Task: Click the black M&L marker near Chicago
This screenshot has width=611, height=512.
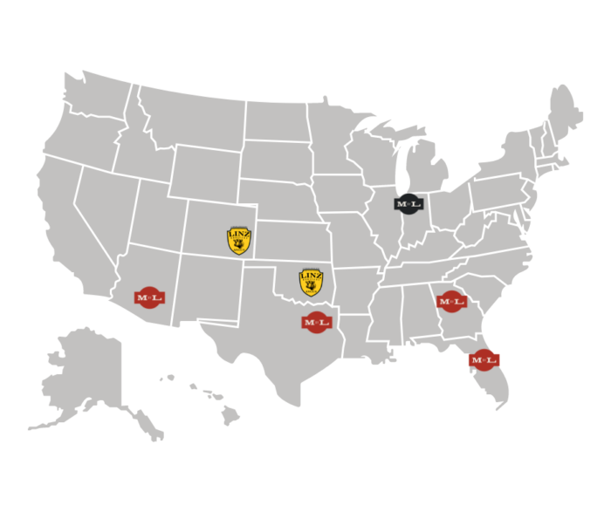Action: [408, 204]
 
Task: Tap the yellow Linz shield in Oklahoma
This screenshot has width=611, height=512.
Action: [311, 282]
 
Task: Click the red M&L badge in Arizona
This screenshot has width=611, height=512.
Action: [148, 297]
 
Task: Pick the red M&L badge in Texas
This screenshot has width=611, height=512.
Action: [317, 322]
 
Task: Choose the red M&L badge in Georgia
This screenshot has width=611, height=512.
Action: [451, 301]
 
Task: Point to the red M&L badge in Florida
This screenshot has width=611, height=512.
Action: [483, 358]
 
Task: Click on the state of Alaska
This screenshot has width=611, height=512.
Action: [87, 375]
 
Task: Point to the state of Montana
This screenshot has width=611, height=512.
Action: [183, 118]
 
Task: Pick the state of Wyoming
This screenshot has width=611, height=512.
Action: [205, 174]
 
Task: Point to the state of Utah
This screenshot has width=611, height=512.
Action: [157, 218]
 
